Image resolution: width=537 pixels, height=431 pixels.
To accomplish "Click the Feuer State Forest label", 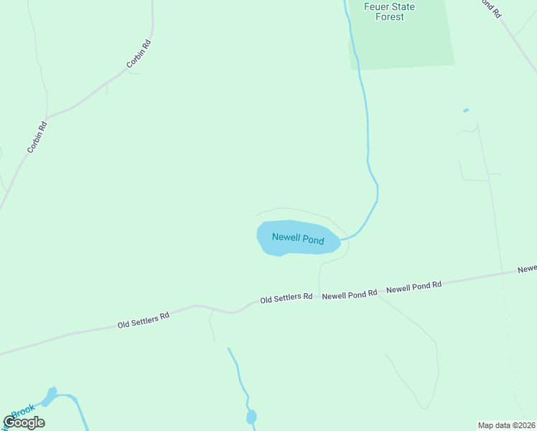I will (390, 11).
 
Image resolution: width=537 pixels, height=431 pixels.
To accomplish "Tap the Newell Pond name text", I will (297, 238).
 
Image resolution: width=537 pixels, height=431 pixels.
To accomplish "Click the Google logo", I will (24, 422).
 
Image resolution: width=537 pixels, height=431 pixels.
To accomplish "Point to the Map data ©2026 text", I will (506, 425).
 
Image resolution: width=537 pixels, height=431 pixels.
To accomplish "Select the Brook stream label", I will (22, 412).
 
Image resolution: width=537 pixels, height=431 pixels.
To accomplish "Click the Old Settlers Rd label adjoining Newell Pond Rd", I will (286, 297).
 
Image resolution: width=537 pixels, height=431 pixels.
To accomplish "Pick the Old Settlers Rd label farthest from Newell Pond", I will (144, 320).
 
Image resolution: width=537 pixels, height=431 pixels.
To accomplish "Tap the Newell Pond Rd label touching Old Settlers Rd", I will (350, 294).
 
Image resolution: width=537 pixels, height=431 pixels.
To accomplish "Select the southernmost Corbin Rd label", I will (37, 137).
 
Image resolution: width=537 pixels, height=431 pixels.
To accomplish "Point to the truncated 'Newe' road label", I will (527, 269).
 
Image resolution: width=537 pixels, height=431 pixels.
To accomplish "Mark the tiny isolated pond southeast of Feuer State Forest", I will (466, 111).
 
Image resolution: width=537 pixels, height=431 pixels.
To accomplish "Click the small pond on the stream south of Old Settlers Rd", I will (251, 417).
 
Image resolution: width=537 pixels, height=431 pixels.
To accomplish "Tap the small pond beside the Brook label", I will (50, 396).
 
